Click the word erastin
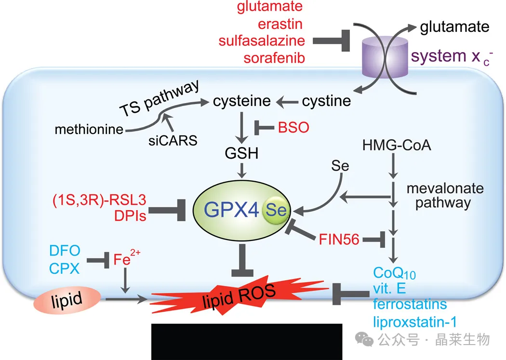[x=280, y=24]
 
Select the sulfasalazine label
[x=262, y=41]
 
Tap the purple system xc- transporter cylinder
[x=385, y=57]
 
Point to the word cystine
[x=326, y=101]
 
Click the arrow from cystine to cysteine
[x=287, y=102]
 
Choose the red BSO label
[x=293, y=127]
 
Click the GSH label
[x=242, y=153]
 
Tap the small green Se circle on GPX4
[x=276, y=210]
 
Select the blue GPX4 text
[x=231, y=210]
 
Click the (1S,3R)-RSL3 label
[x=99, y=200]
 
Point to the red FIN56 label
[x=339, y=240]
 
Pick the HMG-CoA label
[x=397, y=145]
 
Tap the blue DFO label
[x=65, y=251]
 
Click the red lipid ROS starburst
[x=239, y=295]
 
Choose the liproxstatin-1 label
[x=415, y=322]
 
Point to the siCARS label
[x=173, y=141]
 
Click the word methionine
[x=89, y=129]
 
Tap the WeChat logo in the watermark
[x=364, y=339]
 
